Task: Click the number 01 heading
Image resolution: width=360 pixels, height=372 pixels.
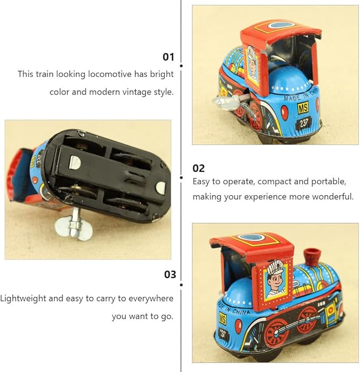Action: [x=169, y=57]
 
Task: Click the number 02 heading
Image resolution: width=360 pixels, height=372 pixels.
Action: [x=198, y=168]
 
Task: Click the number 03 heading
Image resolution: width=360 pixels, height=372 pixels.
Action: [x=170, y=274]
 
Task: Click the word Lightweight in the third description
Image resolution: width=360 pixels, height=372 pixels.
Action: [x=23, y=298]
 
